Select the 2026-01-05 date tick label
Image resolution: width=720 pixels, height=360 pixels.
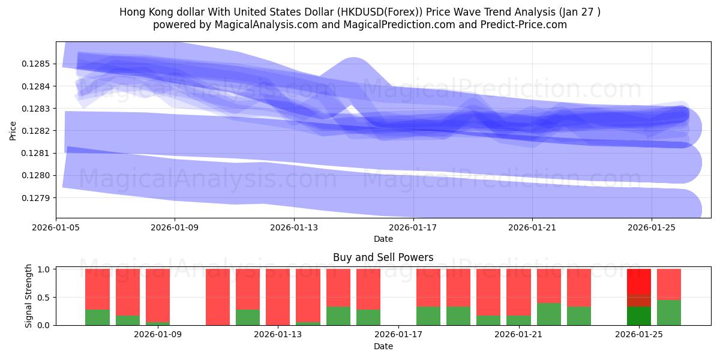click(56, 228)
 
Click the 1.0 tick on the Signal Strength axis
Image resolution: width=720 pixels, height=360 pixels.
click(47, 269)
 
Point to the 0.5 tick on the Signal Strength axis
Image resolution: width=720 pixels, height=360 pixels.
click(47, 298)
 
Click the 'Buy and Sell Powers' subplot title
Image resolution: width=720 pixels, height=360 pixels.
click(383, 257)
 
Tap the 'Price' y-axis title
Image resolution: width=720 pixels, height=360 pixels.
click(13, 131)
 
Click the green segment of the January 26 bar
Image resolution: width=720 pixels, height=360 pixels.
click(669, 313)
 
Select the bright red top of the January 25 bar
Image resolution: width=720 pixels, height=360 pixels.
click(639, 281)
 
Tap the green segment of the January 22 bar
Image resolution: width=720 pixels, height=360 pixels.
click(549, 314)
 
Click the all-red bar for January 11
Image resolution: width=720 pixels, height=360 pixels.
click(218, 297)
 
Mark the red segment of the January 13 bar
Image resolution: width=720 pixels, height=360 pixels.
click(278, 296)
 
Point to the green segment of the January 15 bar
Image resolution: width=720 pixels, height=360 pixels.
click(338, 316)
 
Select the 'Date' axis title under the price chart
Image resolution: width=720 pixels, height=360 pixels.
click(383, 239)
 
